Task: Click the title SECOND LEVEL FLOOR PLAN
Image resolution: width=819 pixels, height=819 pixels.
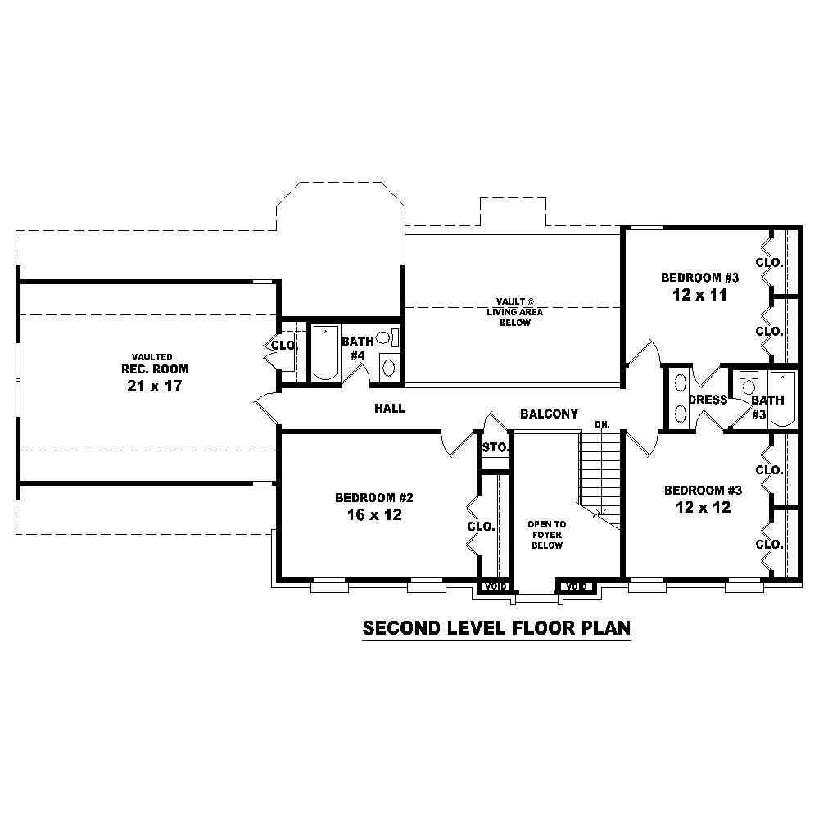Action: (x=496, y=628)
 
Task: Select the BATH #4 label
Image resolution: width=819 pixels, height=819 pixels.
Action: (x=358, y=348)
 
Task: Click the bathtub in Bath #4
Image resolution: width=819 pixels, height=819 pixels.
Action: (x=326, y=353)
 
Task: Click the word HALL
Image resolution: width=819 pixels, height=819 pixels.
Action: (x=390, y=408)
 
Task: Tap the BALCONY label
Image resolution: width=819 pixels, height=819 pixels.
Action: (x=549, y=414)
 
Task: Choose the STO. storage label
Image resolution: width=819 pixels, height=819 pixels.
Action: (x=495, y=448)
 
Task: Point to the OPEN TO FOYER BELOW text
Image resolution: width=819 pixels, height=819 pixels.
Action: (x=546, y=534)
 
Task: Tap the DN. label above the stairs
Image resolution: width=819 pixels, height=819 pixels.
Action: (x=602, y=424)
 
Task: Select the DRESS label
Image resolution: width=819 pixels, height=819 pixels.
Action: (x=708, y=400)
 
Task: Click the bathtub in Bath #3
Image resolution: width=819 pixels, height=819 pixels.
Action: (x=781, y=399)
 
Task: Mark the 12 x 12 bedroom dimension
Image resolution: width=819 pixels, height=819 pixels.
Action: (x=703, y=507)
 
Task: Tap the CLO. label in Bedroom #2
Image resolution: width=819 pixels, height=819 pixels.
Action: (x=481, y=527)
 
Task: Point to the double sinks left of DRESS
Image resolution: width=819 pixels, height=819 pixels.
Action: (x=680, y=399)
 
